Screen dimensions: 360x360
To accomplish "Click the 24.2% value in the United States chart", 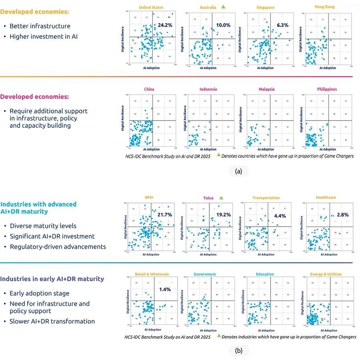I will (x=165, y=25).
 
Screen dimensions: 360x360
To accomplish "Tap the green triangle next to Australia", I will (x=223, y=7).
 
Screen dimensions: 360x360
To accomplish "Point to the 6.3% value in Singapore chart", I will (x=282, y=25).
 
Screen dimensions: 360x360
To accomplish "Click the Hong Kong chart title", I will (x=325, y=7).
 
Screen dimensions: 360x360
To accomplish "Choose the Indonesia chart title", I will (x=208, y=89).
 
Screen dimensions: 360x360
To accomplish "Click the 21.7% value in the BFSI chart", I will (x=164, y=215).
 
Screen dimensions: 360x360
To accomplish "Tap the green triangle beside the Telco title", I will (x=222, y=197).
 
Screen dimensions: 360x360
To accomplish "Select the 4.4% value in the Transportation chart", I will (x=279, y=216).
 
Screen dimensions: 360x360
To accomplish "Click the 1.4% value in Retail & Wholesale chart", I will (x=165, y=289).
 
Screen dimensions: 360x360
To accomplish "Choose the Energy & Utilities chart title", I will (x=326, y=274).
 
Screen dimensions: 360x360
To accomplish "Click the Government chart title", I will (x=204, y=274).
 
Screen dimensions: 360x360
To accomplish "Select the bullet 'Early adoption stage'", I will (x=39, y=293).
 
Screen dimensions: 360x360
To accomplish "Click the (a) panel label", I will (x=239, y=171).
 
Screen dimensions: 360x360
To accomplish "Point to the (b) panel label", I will (x=239, y=351).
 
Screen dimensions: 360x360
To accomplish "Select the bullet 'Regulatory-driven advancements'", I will (x=58, y=247).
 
